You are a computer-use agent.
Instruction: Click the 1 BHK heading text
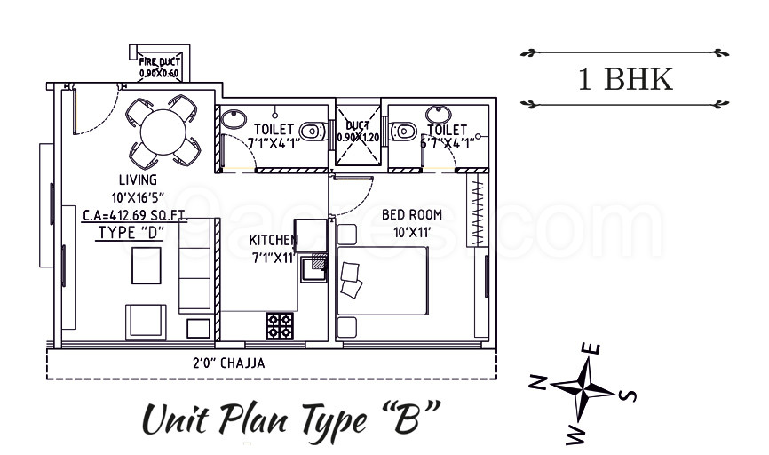click(625, 80)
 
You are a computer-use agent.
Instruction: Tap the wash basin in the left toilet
click(234, 117)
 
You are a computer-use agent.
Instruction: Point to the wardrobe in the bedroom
click(478, 213)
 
